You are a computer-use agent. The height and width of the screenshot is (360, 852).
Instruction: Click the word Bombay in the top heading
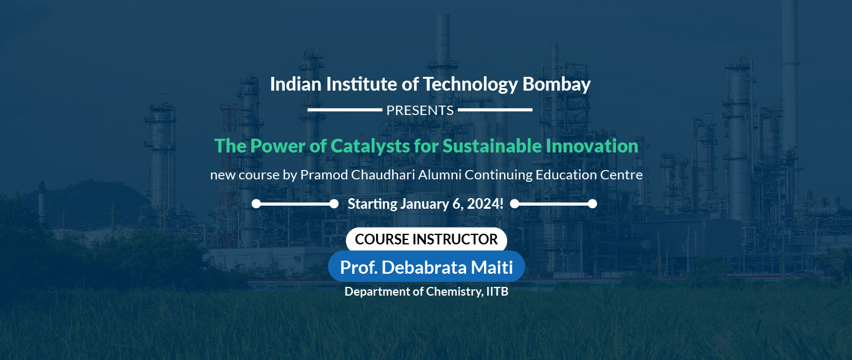coord(556,84)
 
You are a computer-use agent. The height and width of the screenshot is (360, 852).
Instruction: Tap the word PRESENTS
coord(420,111)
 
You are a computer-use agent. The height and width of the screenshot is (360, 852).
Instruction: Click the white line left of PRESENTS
coord(345,110)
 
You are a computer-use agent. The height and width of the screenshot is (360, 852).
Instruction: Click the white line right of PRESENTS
coord(495,110)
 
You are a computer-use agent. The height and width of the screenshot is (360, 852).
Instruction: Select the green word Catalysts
coord(370,146)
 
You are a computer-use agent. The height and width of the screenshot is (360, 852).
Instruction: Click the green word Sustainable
coord(492,146)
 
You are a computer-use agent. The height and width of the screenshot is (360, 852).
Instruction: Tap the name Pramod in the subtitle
coord(324,175)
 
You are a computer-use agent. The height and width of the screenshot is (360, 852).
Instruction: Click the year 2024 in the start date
coord(483,204)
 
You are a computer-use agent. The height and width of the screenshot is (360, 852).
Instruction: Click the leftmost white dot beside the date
coord(256,204)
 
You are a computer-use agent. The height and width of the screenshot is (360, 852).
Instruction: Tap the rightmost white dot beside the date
coord(592,204)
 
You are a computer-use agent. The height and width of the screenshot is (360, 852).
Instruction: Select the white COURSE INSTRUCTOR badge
coord(427,239)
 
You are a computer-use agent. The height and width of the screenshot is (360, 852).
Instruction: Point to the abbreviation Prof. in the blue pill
coord(359,267)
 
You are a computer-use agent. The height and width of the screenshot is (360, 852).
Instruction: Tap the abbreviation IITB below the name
coord(497,291)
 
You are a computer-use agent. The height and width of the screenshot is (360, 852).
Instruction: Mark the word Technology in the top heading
coord(470,84)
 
